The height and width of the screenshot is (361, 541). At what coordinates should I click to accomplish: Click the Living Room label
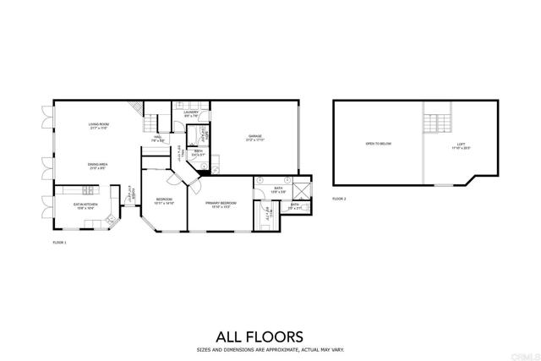click(100, 126)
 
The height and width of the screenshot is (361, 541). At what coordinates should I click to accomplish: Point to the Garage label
click(254, 138)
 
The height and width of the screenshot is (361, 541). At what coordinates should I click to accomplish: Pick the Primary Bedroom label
click(221, 204)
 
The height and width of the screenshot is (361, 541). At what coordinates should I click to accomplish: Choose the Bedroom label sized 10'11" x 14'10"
click(164, 201)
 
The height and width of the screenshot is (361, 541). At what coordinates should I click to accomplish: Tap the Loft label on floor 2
click(461, 145)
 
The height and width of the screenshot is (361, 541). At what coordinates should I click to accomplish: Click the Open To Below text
click(378, 144)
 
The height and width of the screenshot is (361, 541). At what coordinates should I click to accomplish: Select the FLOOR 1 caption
click(59, 243)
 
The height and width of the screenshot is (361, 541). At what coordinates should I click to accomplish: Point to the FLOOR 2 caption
click(339, 199)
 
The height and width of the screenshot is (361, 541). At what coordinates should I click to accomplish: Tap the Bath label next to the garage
click(197, 155)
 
